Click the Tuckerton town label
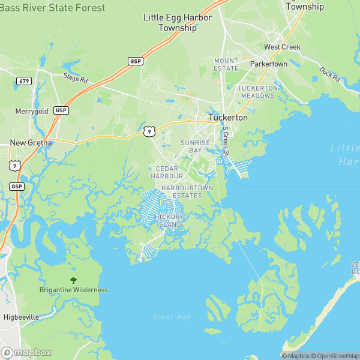pos(227,118)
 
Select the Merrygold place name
pos(32,112)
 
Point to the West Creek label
pos(282,47)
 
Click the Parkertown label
pos(269,64)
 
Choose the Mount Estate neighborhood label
pos(226,64)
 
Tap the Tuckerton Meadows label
pos(257,92)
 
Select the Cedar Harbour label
pos(167,172)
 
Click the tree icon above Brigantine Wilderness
pos(73,280)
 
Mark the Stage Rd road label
pos(76,77)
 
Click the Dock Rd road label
pos(329,75)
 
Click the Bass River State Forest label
pos(52,8)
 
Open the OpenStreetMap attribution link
pos(335,356)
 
